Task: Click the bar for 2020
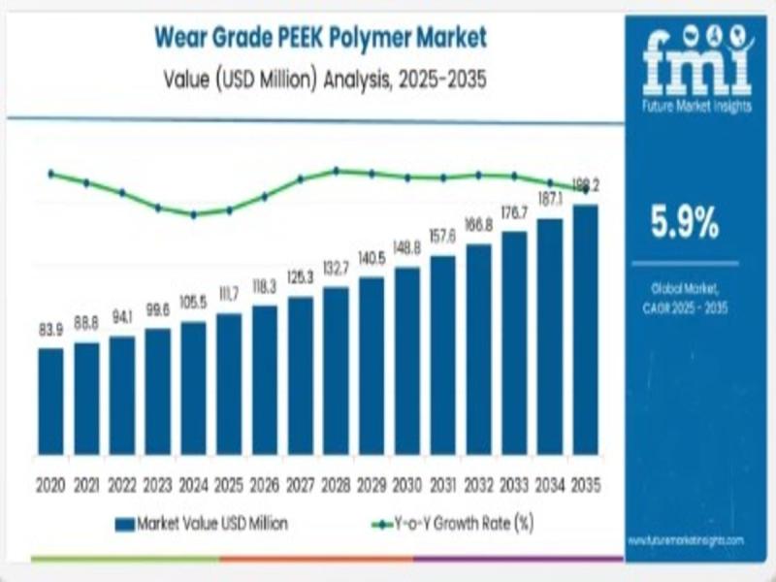click(x=50, y=401)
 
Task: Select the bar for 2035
click(x=585, y=329)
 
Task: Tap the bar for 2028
click(x=336, y=371)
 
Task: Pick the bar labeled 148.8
click(x=406, y=361)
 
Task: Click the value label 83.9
click(x=50, y=331)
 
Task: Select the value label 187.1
click(x=549, y=200)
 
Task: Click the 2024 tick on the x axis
click(x=193, y=483)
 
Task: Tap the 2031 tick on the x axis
click(x=442, y=483)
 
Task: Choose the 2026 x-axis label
click(x=264, y=483)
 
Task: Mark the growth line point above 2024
click(x=193, y=214)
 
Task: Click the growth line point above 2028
click(x=336, y=171)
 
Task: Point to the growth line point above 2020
click(x=50, y=174)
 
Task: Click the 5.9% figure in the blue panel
click(x=685, y=225)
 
